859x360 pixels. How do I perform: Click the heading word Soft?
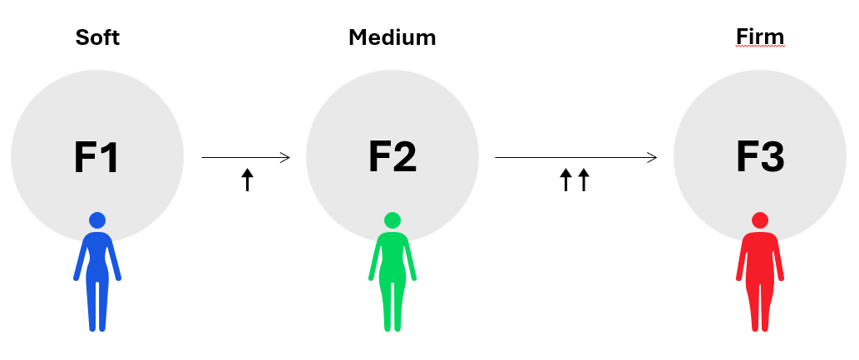point(97,37)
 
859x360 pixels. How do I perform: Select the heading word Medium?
point(392,37)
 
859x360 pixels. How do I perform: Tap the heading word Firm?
point(760,37)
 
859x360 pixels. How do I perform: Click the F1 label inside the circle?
point(97,157)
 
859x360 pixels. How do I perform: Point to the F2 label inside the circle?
point(392,157)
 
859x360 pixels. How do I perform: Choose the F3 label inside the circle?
point(760,157)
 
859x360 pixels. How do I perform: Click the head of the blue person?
point(97,220)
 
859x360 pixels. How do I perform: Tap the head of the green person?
point(392,220)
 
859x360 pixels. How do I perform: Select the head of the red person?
point(760,220)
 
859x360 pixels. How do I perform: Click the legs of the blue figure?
point(97,303)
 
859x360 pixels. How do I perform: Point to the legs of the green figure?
point(392,303)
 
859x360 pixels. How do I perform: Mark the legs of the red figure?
point(760,303)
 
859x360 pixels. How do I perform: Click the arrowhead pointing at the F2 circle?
point(285,157)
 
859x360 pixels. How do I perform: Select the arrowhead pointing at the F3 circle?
point(653,157)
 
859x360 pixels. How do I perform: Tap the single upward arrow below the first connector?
point(246,180)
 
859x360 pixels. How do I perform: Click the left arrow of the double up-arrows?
point(565,180)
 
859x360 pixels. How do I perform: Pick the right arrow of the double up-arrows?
point(583,180)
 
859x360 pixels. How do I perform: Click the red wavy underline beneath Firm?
point(760,47)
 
